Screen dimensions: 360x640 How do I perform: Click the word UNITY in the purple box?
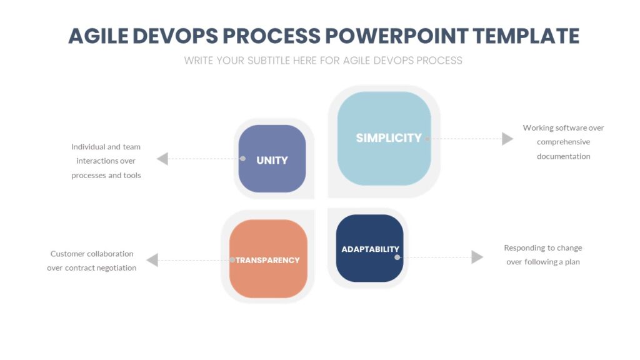pos(272,160)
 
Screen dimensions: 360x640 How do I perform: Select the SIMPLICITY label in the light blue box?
pos(388,138)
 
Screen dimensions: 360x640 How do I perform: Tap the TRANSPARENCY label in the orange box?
pos(267,260)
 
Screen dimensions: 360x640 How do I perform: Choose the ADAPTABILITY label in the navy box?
pos(370,249)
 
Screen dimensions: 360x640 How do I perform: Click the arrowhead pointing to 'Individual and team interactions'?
pos(162,159)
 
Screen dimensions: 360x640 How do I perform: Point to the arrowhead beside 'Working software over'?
pos(507,139)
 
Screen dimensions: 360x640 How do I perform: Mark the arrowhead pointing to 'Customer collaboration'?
pos(152,260)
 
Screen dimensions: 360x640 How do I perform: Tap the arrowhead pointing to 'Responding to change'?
pos(477,257)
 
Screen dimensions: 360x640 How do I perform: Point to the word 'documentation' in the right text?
pos(563,156)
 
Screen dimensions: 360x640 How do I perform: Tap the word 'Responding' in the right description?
pos(524,247)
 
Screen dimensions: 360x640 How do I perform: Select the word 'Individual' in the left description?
pos(87,147)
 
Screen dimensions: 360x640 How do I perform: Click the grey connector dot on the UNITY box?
pos(242,159)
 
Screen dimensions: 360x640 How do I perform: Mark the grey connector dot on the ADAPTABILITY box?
pos(397,257)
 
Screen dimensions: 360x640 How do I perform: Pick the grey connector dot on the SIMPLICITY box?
pos(427,139)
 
